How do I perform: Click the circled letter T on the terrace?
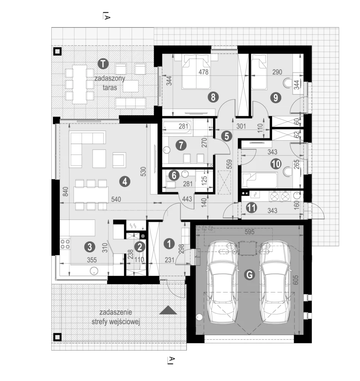click(103, 64)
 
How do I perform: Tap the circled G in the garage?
click(249, 275)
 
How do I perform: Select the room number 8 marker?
click(213, 97)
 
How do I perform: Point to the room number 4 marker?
click(125, 182)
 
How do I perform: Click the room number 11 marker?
click(251, 208)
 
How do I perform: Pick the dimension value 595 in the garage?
click(250, 232)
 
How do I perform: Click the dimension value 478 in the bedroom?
click(203, 72)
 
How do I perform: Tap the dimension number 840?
click(65, 192)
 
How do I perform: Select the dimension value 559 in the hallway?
click(229, 164)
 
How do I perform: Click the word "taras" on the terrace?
click(110, 87)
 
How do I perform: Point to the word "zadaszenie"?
click(116, 312)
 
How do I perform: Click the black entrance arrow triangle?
click(168, 310)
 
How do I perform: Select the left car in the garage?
click(222, 282)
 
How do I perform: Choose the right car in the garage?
click(276, 282)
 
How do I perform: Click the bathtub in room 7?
click(177, 127)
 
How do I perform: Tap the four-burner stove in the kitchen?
click(65, 244)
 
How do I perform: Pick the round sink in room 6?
click(185, 174)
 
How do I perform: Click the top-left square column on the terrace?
click(58, 51)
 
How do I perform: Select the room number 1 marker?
click(169, 244)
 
